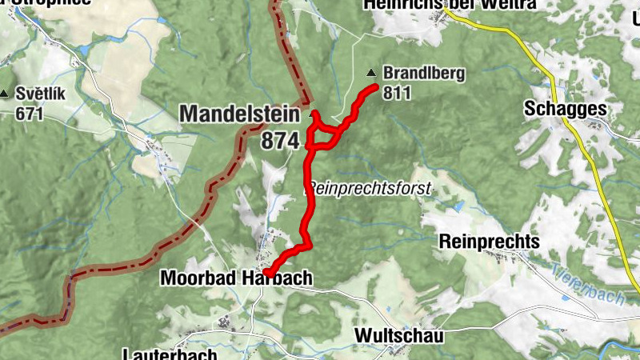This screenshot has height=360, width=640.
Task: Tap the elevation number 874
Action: tap(279, 141)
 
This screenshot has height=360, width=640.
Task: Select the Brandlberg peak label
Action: tap(423, 74)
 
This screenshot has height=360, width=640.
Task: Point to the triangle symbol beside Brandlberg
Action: tap(371, 74)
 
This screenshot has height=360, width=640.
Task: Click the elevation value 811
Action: tap(397, 93)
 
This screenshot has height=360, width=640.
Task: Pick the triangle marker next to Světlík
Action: tap(6, 94)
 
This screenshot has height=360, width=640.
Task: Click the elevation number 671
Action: tap(29, 113)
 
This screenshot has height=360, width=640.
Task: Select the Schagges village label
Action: tap(563, 109)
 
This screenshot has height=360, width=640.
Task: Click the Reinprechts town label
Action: tap(490, 242)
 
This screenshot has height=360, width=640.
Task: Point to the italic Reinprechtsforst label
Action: tap(370, 189)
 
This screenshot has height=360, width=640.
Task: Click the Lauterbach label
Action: tap(170, 354)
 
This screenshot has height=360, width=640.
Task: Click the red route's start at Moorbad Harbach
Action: tap(268, 274)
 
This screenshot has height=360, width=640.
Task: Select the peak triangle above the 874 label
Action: tap(313, 114)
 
